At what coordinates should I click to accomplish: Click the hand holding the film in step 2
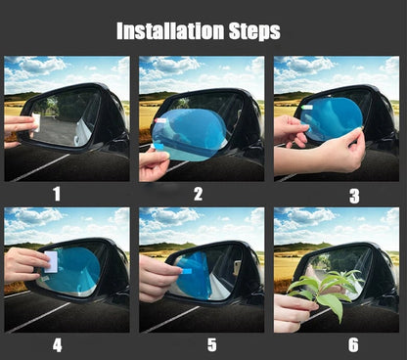coord(153,164)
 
